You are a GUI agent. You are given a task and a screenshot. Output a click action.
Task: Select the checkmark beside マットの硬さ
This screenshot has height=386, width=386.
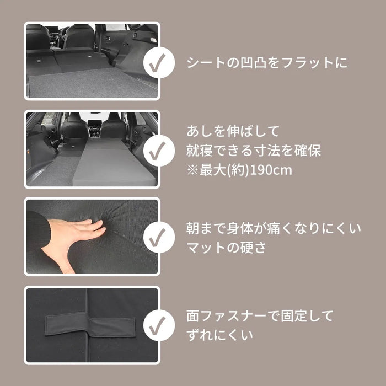(159, 237)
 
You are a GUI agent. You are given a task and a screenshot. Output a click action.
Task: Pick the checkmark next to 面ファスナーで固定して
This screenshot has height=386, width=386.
(159, 325)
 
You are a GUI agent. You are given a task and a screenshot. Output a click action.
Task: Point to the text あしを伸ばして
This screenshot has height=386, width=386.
(226, 132)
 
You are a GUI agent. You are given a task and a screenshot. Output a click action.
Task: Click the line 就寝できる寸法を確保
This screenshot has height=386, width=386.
(254, 150)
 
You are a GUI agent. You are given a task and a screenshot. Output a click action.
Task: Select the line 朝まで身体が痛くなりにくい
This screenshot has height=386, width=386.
(274, 228)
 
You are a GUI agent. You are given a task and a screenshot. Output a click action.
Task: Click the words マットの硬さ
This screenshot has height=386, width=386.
(227, 247)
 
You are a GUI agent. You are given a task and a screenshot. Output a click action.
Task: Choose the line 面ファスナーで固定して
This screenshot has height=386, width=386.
(260, 316)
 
